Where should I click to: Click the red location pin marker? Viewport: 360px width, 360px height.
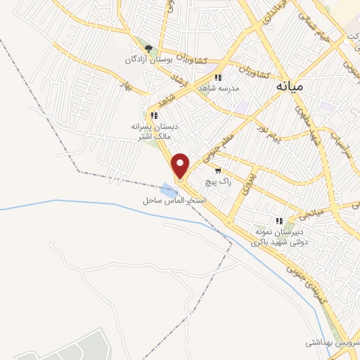click(181, 166)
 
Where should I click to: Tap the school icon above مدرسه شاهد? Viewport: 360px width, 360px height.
click(218, 77)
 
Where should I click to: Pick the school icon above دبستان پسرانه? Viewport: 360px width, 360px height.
click(154, 115)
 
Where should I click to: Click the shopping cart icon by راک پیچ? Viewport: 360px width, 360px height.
click(218, 171)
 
